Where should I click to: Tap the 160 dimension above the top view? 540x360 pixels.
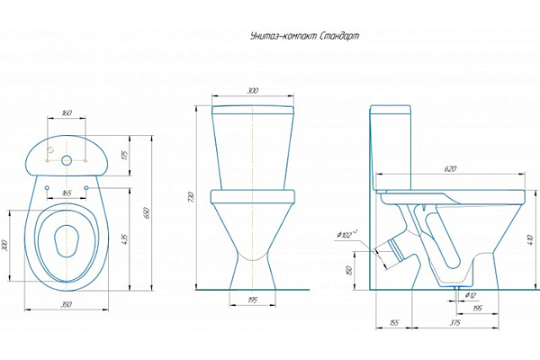[x=67, y=114]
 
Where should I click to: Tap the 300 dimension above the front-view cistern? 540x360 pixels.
[x=251, y=92]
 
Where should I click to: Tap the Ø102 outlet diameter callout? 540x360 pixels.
[x=347, y=235]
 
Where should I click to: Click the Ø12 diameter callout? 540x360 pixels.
[x=471, y=295]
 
